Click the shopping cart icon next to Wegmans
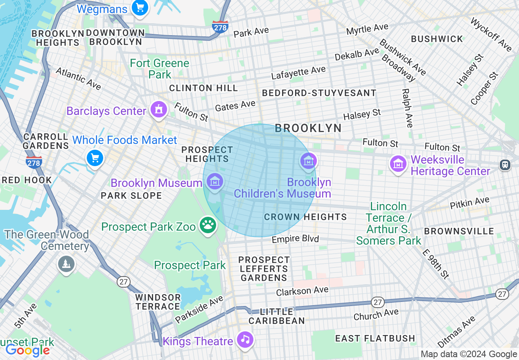coord(140,7)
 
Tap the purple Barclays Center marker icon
coord(158,109)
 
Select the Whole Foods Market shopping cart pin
coord(95,157)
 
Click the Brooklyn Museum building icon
coord(214,180)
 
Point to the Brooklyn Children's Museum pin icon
coord(308,160)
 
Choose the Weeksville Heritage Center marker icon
coord(398,164)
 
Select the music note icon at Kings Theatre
coord(245,339)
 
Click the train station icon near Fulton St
coord(505,164)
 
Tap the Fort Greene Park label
coord(160,69)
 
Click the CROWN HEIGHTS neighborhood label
coord(305,217)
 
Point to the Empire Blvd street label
coord(295,239)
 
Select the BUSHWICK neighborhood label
coord(437,39)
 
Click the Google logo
coord(27,350)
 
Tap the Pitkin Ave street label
coord(469,202)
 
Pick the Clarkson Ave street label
coord(302,291)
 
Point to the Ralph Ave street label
coord(407,108)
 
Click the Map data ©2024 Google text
coord(469,354)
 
